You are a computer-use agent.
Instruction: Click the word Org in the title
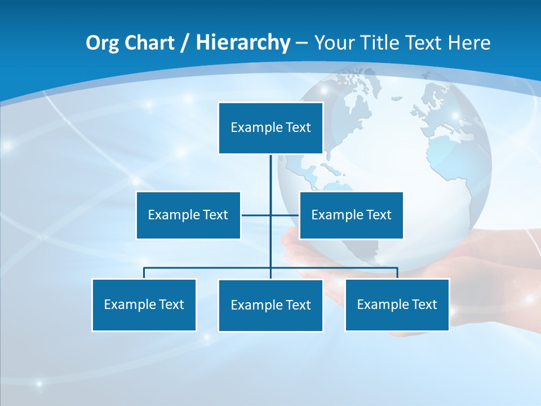pos(102,43)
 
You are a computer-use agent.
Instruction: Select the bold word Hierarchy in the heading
pos(243,43)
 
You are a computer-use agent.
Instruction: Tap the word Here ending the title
pos(469,43)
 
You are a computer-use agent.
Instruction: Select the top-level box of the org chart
pos(270,128)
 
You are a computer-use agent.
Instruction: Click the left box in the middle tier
pos(188,215)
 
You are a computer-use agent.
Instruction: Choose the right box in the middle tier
pos(351,215)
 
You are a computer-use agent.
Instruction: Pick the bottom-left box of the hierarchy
pos(144,305)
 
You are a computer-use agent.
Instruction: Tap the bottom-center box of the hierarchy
pos(270,306)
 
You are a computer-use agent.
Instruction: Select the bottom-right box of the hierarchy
pos(397,305)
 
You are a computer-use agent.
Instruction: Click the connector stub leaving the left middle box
pos(255,215)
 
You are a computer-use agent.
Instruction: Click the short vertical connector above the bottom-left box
pos(144,273)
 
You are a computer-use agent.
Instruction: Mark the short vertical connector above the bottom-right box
pos(397,273)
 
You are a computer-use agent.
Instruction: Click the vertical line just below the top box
pos(270,169)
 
